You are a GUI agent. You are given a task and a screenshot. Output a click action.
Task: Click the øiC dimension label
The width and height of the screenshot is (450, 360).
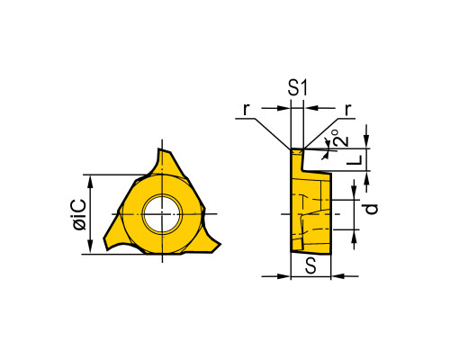[80, 214]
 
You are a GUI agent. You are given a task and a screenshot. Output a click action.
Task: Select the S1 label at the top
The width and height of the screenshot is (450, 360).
[298, 88]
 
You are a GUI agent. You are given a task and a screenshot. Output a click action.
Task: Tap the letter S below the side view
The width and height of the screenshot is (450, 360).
[310, 266]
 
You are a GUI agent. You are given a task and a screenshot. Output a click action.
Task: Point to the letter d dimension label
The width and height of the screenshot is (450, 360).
[372, 209]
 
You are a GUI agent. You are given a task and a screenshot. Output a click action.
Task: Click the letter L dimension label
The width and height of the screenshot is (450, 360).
[355, 160]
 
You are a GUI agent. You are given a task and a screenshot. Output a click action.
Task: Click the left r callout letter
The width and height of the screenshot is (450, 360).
[246, 110]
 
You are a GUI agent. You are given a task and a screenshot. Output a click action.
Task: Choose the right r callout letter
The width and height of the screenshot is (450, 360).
[347, 110]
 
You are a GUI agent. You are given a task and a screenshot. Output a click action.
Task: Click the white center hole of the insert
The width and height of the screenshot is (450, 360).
[162, 214]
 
